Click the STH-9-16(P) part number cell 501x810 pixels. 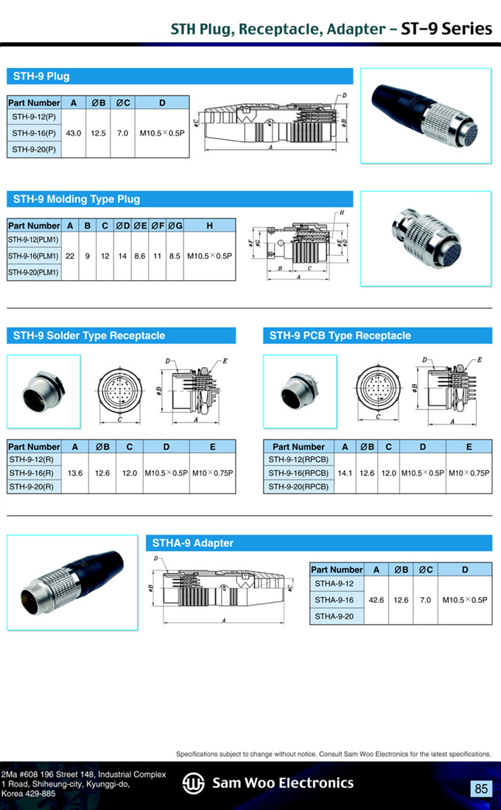(34, 133)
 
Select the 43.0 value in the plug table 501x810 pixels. (74, 133)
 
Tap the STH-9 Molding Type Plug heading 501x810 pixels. (77, 199)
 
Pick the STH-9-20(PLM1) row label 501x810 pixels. (34, 272)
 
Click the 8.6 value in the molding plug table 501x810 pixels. (139, 256)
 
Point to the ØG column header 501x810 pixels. (175, 226)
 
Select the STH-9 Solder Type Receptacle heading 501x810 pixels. (89, 335)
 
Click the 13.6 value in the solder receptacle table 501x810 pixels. (75, 472)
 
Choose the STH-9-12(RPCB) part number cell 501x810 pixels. (298, 459)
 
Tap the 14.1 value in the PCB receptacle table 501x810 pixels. (345, 472)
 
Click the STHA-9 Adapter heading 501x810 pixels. (192, 543)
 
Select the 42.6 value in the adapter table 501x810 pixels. (376, 600)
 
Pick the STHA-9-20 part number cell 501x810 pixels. (334, 616)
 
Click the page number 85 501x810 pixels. (481, 789)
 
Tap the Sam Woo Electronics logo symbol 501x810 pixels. (194, 783)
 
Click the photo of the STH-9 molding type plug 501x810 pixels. (426, 239)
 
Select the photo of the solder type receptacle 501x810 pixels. (44, 391)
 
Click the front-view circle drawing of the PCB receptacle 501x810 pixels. (378, 388)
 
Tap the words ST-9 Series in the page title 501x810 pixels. (446, 29)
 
